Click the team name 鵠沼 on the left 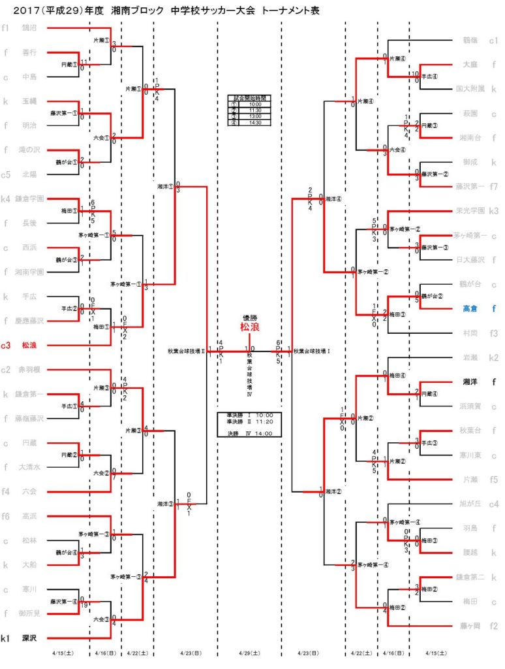[x=29, y=29]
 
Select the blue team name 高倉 [x=470, y=308]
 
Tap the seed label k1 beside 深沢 [x=5, y=638]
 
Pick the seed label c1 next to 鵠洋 [x=495, y=40]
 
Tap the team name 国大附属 [x=469, y=88]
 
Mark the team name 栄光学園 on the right [x=469, y=210]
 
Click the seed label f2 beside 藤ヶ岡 [x=495, y=626]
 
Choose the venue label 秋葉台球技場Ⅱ [x=186, y=351]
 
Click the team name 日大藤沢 [x=469, y=259]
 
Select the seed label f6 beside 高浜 [x=5, y=516]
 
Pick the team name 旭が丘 [x=470, y=504]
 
